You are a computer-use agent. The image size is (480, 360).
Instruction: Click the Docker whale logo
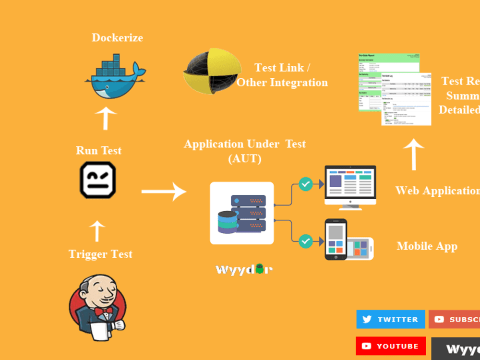(115, 76)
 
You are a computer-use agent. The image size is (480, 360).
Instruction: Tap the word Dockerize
(117, 37)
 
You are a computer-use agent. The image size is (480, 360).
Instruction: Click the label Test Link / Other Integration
(282, 75)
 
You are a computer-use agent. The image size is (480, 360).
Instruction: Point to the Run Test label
(98, 150)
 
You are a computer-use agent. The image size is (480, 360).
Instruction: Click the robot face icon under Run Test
(98, 180)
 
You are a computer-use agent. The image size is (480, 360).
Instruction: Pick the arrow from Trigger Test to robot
(97, 231)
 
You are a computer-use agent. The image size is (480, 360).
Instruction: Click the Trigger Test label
(100, 254)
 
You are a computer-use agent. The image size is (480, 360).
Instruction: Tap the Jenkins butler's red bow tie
(102, 312)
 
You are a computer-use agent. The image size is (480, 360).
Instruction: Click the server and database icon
(242, 213)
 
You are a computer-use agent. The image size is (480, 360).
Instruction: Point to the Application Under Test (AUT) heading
(245, 151)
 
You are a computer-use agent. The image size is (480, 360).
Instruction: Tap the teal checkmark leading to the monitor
(306, 184)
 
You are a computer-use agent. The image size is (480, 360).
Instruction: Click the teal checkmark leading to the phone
(306, 241)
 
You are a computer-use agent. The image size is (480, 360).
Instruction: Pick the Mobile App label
(427, 246)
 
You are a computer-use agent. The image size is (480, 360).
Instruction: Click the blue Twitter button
(390, 319)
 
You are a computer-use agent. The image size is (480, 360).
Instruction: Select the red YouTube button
(391, 346)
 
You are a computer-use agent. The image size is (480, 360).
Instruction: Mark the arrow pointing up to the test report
(413, 154)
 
